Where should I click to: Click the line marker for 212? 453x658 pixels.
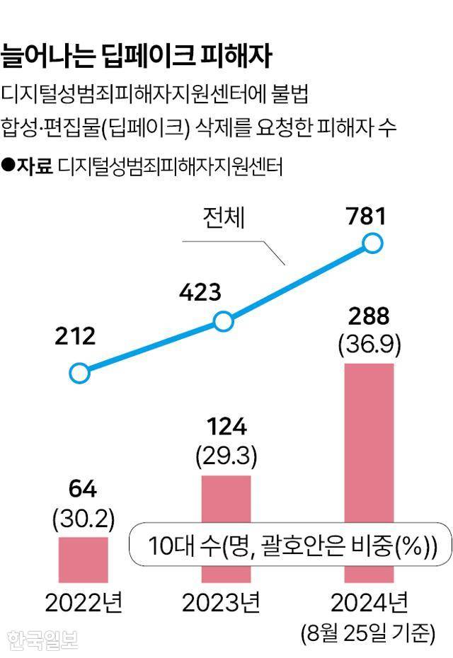pyautogui.click(x=79, y=372)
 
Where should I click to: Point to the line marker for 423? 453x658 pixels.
pyautogui.click(x=223, y=322)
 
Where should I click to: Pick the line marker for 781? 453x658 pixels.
pyautogui.click(x=372, y=244)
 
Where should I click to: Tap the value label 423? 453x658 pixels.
pyautogui.click(x=199, y=292)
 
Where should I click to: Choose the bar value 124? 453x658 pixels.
pyautogui.click(x=226, y=427)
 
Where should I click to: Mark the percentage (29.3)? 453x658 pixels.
pyautogui.click(x=226, y=455)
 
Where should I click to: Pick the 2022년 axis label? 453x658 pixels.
pyautogui.click(x=84, y=604)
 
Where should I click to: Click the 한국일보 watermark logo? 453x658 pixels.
pyautogui.click(x=42, y=638)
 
